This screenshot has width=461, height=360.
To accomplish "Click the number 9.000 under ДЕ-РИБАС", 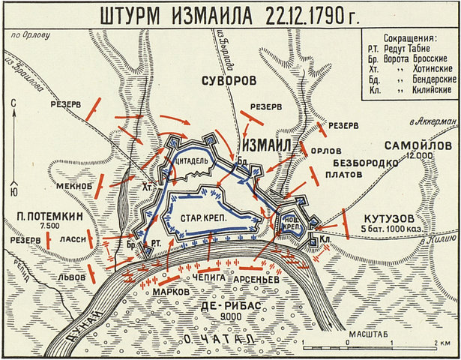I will tap(225, 317).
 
